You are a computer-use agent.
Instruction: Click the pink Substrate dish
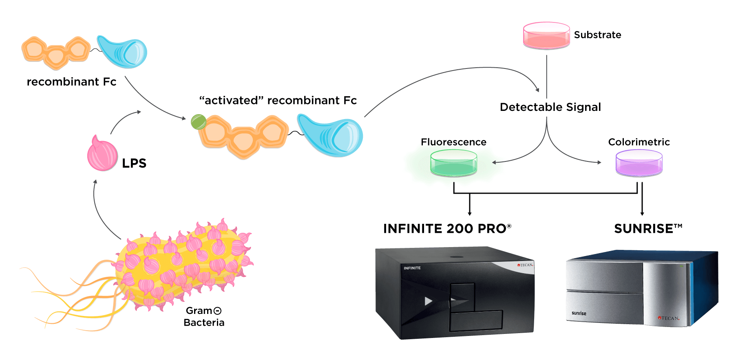pos(546,36)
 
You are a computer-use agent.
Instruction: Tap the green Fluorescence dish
pos(453,163)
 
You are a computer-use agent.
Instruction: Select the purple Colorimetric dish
pos(639,163)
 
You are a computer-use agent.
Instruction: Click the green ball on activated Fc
pos(199,121)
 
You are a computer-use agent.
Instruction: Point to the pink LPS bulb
pos(102,155)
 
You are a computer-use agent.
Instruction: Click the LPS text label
pos(134,163)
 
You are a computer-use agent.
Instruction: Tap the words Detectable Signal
pos(550,107)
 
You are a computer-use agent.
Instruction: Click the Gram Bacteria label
pos(204,316)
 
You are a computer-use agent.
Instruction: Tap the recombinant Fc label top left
pos(71,82)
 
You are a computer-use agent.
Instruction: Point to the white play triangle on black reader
pos(428,301)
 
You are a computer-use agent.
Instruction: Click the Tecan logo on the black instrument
pos(526,265)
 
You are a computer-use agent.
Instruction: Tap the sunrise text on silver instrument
pos(579,313)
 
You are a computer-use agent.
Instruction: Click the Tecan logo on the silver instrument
pos(669,318)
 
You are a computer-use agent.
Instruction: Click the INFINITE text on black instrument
pos(412,268)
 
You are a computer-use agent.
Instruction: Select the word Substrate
pos(597,35)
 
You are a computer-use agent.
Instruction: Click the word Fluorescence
pos(453,142)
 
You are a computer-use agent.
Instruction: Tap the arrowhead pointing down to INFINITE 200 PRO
pos(470,213)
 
